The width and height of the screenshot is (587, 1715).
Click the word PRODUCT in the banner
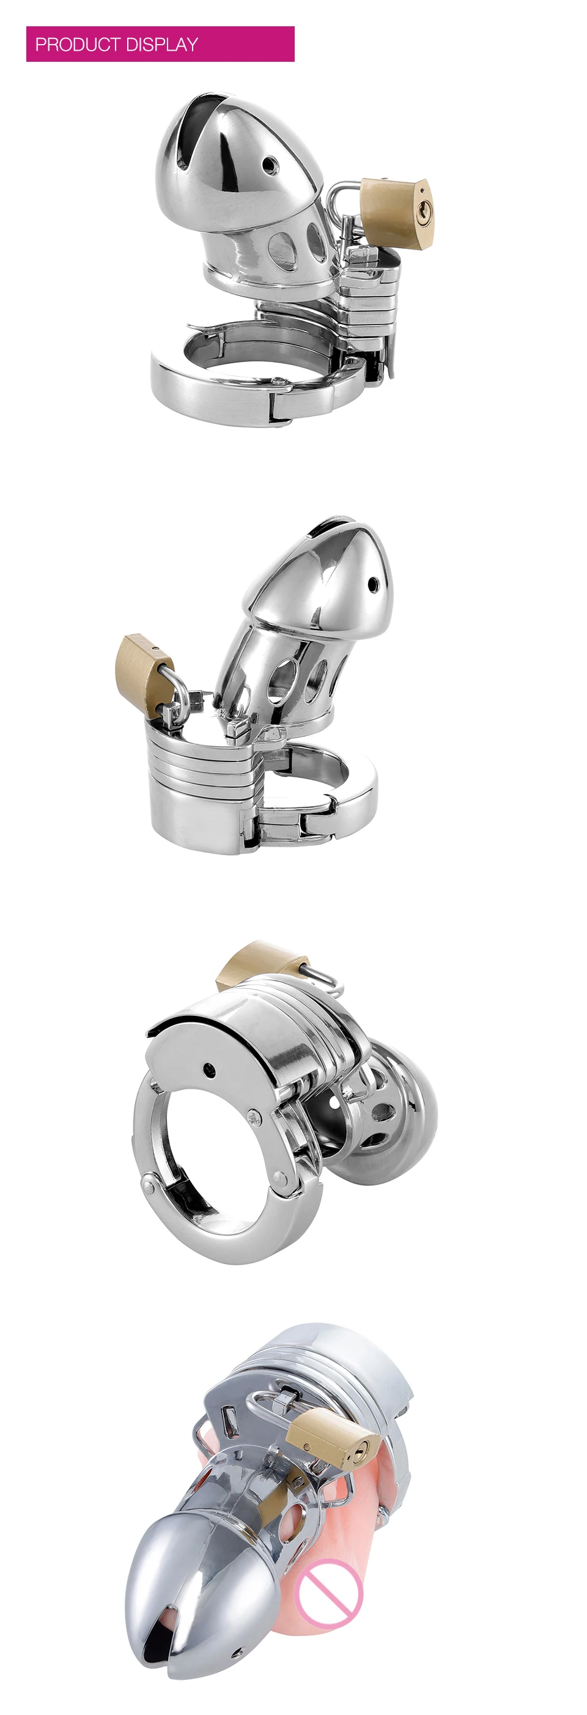pyautogui.click(x=78, y=45)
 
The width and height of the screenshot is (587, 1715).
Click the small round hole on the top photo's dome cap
pyautogui.click(x=268, y=164)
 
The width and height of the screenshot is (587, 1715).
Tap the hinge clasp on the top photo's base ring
pyautogui.click(x=279, y=399)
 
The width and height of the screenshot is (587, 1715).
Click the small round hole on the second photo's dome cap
pyautogui.click(x=373, y=584)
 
